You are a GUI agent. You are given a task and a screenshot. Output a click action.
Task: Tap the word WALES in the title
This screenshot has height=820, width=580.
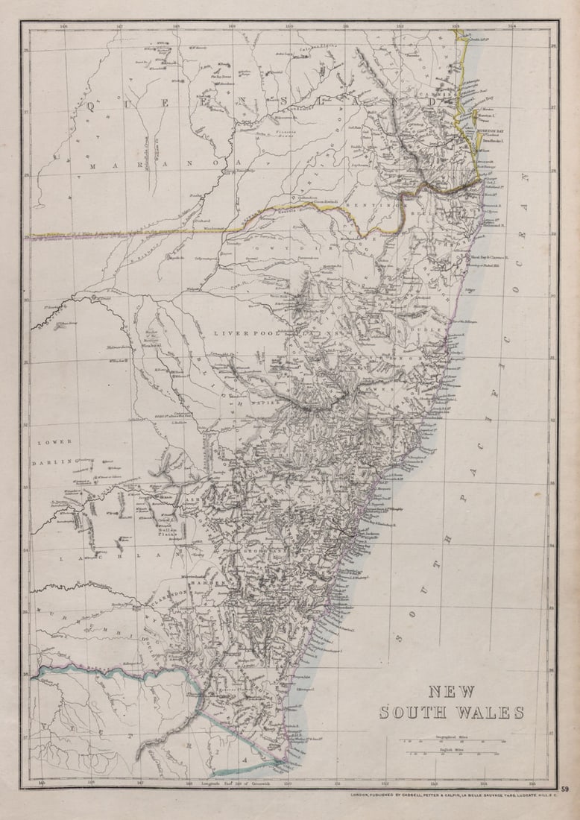(x=492, y=713)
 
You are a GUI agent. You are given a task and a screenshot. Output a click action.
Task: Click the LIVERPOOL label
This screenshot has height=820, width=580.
(x=245, y=332)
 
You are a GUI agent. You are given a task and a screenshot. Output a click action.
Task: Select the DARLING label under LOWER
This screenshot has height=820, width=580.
(x=54, y=462)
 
